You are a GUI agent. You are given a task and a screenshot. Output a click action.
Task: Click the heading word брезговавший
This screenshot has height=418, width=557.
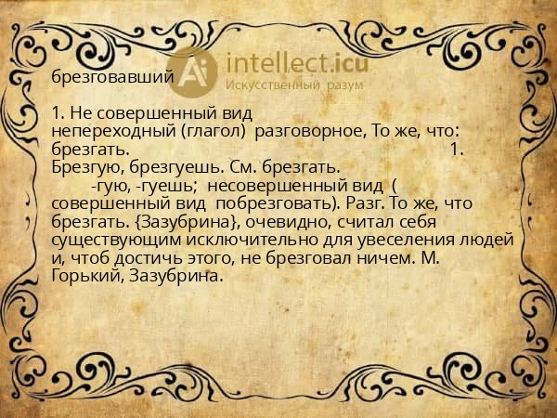point(112,78)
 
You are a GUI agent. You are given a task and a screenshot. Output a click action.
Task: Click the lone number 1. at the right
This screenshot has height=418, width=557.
point(456,149)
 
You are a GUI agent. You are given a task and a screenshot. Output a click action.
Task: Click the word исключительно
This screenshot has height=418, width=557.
point(245,239)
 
